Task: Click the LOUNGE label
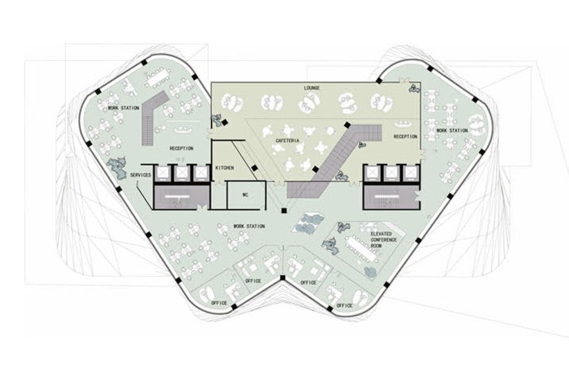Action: pos(312,88)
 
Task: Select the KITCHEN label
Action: pos(225,168)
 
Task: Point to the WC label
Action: pos(245,195)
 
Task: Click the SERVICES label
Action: pos(141,175)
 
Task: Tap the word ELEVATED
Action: pos(382,232)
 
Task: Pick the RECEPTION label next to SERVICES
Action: pos(181,148)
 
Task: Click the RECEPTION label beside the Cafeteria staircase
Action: pos(405,137)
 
